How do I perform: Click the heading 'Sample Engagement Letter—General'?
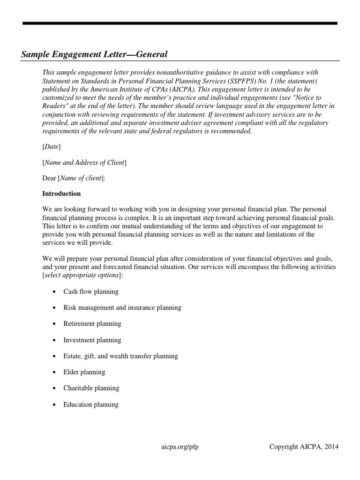click(94, 55)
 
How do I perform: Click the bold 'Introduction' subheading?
click(61, 194)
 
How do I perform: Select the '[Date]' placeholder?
click(51, 147)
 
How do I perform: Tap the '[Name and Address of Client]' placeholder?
click(84, 163)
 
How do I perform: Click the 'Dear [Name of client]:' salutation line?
click(74, 178)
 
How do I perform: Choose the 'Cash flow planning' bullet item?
click(91, 292)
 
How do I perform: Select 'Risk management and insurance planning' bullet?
click(122, 307)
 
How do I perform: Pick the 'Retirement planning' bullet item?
click(92, 323)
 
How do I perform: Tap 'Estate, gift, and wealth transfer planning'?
click(120, 356)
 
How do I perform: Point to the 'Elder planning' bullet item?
click(84, 372)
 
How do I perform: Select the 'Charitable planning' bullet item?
click(91, 388)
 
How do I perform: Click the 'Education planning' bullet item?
click(91, 405)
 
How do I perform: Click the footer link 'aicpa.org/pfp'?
click(180, 447)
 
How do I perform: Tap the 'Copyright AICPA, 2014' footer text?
click(304, 447)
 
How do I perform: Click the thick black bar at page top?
click(180, 23)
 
